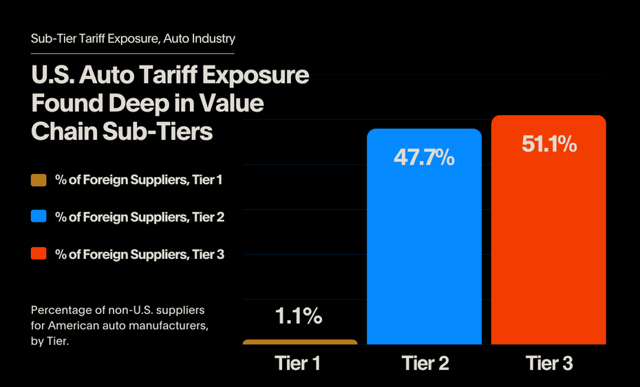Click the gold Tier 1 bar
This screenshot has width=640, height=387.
300,342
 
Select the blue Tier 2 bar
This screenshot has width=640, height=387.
424,248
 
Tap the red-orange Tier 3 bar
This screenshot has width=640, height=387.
548,241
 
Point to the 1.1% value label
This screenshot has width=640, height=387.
299,316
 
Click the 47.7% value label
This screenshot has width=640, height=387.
424,157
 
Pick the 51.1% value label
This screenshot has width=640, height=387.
548,144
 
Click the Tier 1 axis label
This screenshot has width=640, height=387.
297,363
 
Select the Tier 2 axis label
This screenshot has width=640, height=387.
425,363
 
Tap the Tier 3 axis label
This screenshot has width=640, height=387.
548,363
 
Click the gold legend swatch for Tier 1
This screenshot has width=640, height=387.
39,180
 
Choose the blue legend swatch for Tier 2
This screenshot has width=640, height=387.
39,217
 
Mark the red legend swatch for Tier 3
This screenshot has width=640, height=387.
39,254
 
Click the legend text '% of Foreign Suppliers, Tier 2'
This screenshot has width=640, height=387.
140,217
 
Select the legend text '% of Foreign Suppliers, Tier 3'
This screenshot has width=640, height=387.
140,254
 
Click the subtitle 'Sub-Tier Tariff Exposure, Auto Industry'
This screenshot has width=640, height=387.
133,39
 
